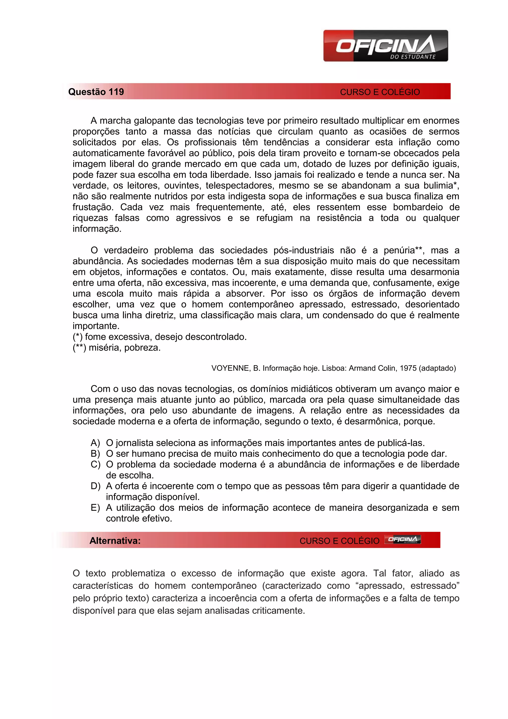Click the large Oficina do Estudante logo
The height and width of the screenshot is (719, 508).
385,46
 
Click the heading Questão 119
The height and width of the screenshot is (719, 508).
96,92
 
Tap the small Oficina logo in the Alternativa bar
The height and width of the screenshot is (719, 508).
402,539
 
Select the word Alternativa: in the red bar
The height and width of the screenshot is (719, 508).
115,541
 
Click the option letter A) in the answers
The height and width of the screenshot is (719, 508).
95,443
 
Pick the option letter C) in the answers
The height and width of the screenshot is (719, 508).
95,465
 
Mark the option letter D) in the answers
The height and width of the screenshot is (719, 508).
95,486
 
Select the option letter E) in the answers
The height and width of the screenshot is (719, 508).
95,508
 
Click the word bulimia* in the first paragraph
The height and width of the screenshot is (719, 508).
441,185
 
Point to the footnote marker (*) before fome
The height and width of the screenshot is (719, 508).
78,337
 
